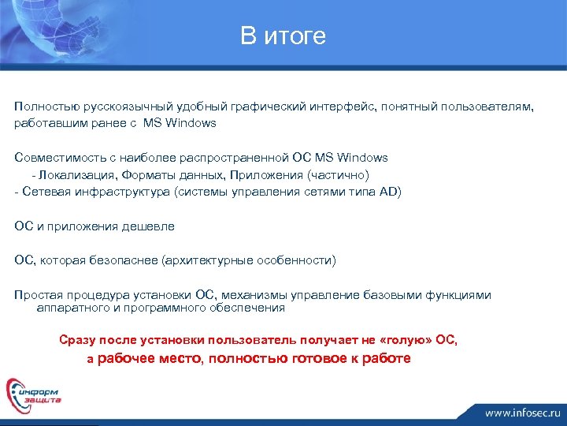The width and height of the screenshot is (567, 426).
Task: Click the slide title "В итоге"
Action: click(283, 36)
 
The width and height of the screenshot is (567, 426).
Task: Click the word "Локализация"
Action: click(72, 174)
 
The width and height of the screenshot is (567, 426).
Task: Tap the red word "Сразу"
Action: click(77, 340)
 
